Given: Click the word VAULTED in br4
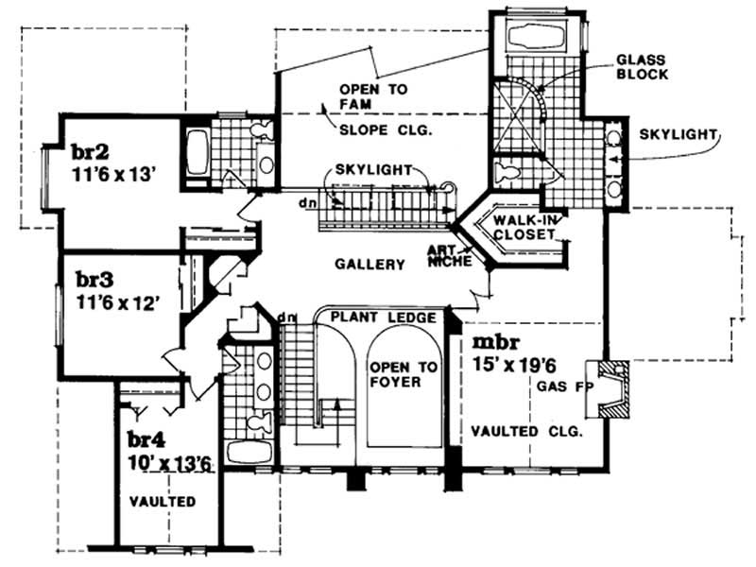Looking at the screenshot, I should [x=162, y=502].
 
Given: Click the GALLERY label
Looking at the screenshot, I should [x=369, y=266].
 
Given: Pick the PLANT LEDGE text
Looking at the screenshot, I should [x=384, y=318].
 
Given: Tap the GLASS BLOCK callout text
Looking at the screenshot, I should [x=643, y=66].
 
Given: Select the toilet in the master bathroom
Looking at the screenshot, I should [x=507, y=174].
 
